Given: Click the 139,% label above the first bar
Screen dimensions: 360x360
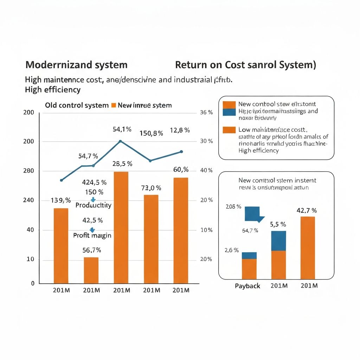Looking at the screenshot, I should (x=61, y=200).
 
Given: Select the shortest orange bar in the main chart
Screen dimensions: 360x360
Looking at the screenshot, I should (x=91, y=270).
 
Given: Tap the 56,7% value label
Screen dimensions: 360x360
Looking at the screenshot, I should (x=92, y=250).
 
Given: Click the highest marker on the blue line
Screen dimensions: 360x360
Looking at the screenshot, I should (x=121, y=141).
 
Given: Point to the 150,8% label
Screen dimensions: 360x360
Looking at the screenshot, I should (x=151, y=133).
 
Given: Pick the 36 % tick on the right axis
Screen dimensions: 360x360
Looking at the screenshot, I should (x=206, y=112).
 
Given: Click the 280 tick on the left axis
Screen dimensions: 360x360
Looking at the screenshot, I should (x=29, y=171).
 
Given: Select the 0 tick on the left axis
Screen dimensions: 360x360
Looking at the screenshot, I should (x=33, y=283).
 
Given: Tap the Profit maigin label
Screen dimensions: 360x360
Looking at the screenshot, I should (x=92, y=236).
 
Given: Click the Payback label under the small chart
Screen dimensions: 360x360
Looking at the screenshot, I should (x=247, y=286).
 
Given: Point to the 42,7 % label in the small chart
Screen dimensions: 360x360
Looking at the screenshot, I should (x=307, y=211).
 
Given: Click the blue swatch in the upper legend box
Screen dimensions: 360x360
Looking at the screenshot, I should (x=229, y=112).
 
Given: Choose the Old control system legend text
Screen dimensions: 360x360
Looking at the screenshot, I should (x=77, y=105).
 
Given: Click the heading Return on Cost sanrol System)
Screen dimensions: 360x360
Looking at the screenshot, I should (x=245, y=65).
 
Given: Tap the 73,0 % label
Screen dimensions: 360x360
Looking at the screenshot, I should (x=151, y=188).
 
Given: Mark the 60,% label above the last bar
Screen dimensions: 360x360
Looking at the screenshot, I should (x=181, y=170).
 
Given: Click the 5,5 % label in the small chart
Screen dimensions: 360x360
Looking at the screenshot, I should (x=278, y=224).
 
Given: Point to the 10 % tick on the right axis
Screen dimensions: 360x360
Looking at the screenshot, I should (x=206, y=230).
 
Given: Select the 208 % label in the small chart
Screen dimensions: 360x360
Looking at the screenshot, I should (x=233, y=207).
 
